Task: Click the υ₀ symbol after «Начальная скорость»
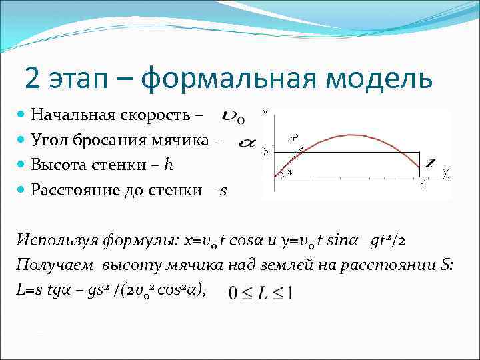coord(233,118)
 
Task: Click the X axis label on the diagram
coord(446,174)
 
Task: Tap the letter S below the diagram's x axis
coord(423,186)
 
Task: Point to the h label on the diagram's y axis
coord(267,152)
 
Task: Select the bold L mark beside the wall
coord(430,163)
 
